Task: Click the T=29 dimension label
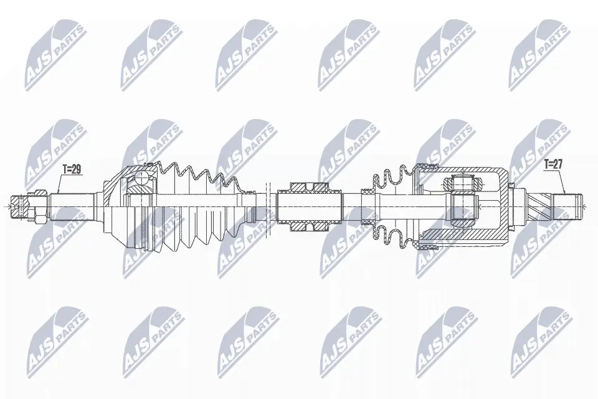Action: [x=72, y=169]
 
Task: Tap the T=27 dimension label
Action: [x=553, y=165]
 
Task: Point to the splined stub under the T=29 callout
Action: [x=72, y=203]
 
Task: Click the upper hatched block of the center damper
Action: [x=307, y=186]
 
